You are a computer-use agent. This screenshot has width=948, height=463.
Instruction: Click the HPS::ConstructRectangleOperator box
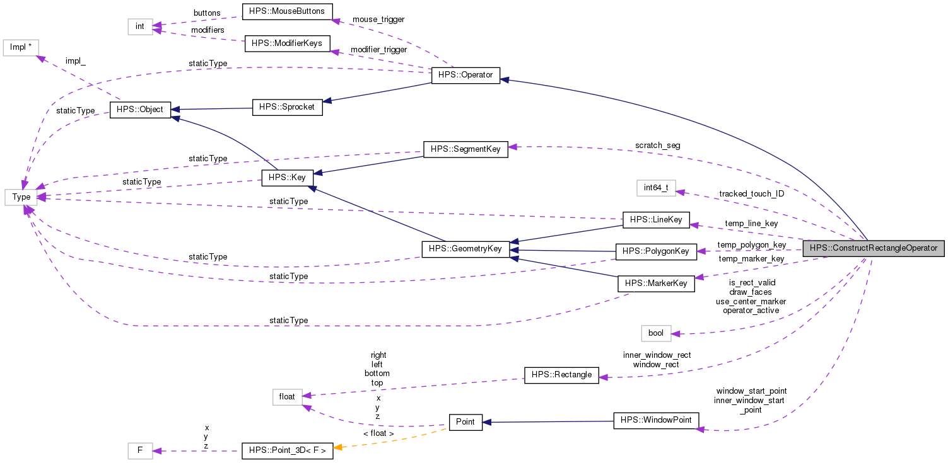point(874,248)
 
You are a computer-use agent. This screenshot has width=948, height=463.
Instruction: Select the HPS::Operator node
point(465,76)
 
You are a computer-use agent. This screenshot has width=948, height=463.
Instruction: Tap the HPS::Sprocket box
point(287,107)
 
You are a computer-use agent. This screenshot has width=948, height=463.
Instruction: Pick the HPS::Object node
point(136,110)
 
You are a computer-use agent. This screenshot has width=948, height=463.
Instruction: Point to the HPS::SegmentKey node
point(465,149)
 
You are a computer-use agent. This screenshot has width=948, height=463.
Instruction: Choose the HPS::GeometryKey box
point(465,249)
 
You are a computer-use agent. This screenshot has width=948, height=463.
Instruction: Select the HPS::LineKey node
point(656,220)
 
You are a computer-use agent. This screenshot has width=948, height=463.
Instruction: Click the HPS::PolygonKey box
point(656,251)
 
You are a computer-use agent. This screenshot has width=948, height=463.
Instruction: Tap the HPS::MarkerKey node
point(656,283)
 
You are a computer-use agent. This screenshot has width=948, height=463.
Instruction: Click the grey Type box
point(21,197)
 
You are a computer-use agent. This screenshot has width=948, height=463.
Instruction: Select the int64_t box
point(656,188)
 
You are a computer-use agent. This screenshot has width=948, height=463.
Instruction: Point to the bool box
point(656,333)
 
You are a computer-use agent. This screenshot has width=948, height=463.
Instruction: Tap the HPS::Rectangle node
point(561,375)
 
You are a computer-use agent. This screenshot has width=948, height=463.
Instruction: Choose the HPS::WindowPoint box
point(656,420)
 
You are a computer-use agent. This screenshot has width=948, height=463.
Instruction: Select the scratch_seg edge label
point(657,146)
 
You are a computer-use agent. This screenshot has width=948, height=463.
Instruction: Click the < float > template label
point(378,433)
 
